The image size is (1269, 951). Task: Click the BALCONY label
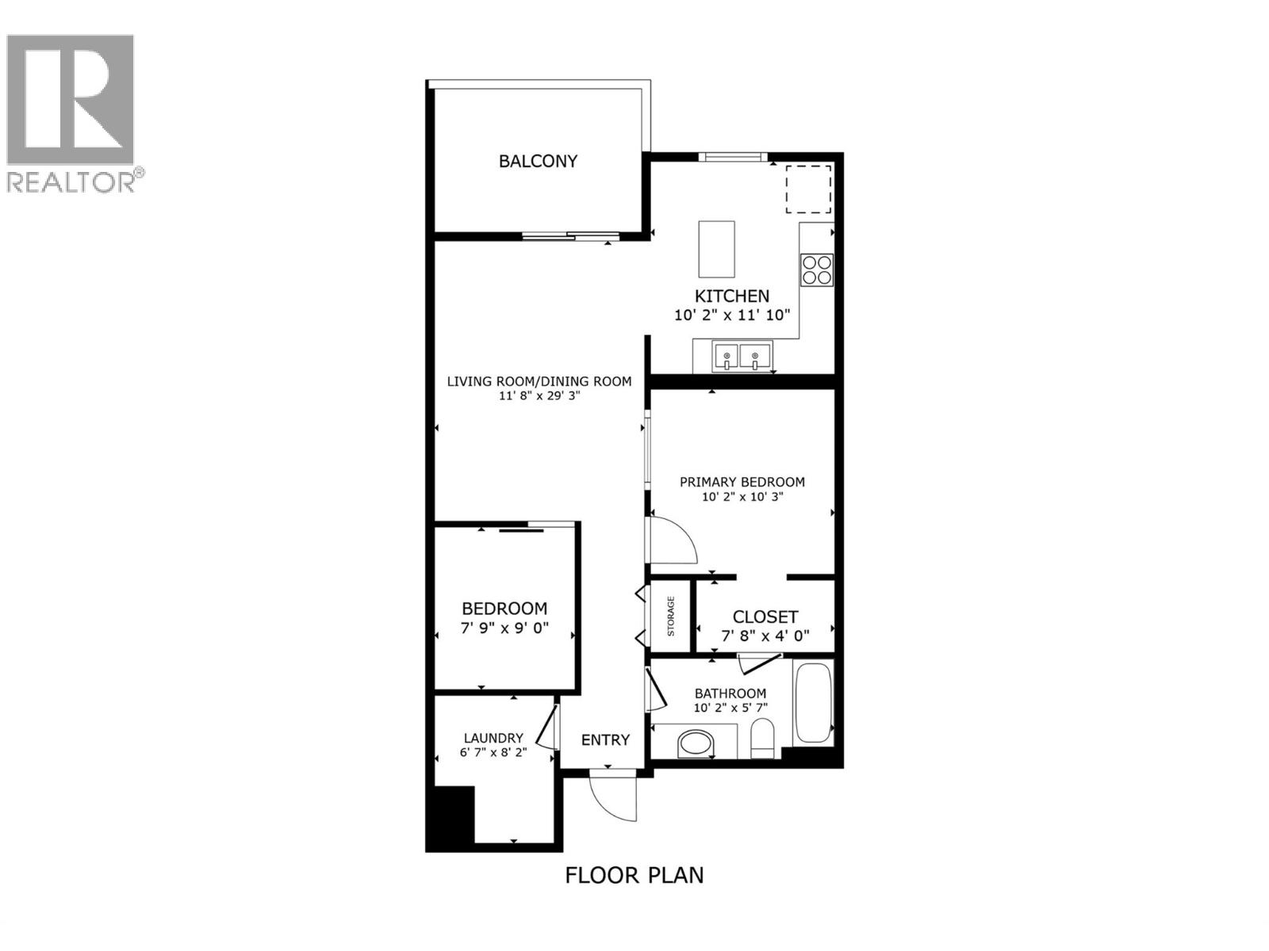coord(538,161)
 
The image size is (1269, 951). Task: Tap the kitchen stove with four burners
coord(817,269)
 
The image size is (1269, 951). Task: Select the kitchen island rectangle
coord(716,249)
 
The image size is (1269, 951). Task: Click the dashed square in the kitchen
coord(808,189)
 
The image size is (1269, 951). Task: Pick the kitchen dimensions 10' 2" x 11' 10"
coord(732,315)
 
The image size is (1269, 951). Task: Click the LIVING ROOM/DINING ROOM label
coord(539,381)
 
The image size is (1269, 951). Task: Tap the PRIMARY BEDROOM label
coord(742,482)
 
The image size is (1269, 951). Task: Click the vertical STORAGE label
coord(671,617)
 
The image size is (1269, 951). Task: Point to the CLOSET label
coord(765,617)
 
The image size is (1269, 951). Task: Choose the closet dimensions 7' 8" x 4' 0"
coord(765,635)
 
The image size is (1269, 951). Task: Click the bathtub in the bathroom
coord(812,702)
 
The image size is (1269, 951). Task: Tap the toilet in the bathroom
coord(763,739)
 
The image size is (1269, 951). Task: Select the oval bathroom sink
coord(696,743)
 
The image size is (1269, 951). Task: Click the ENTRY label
coord(605,740)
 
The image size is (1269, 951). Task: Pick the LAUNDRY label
coord(493,738)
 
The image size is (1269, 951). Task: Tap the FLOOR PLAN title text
coord(634,875)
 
